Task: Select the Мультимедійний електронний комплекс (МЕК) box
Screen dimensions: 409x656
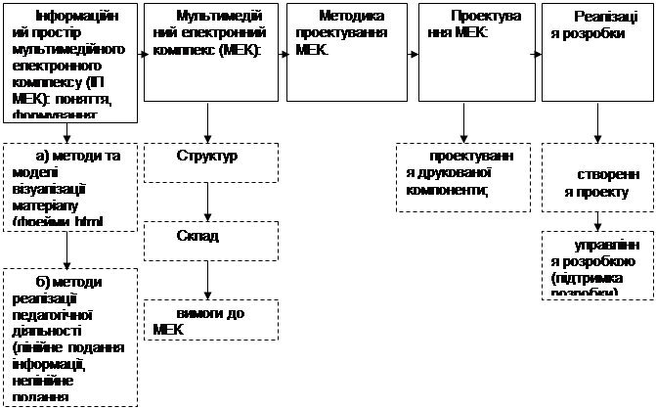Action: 206,52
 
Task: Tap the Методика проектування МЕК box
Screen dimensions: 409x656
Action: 345,52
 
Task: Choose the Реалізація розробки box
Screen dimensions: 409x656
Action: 596,52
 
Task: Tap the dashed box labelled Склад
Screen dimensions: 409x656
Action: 207,240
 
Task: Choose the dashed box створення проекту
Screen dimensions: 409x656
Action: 596,181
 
